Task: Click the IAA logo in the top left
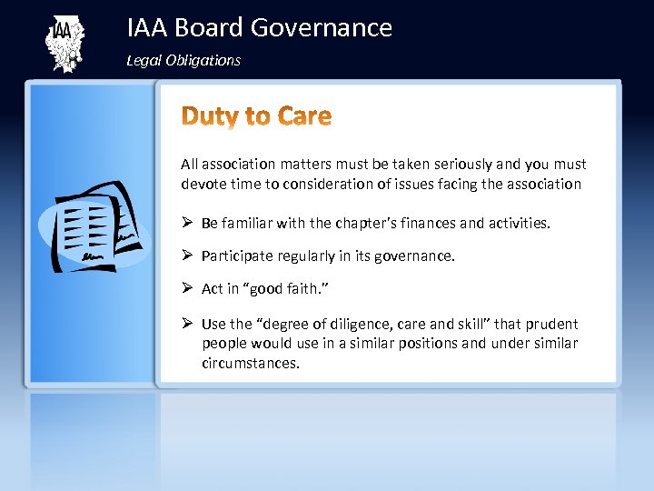(64, 43)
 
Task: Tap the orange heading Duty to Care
(257, 116)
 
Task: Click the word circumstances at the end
(249, 363)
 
